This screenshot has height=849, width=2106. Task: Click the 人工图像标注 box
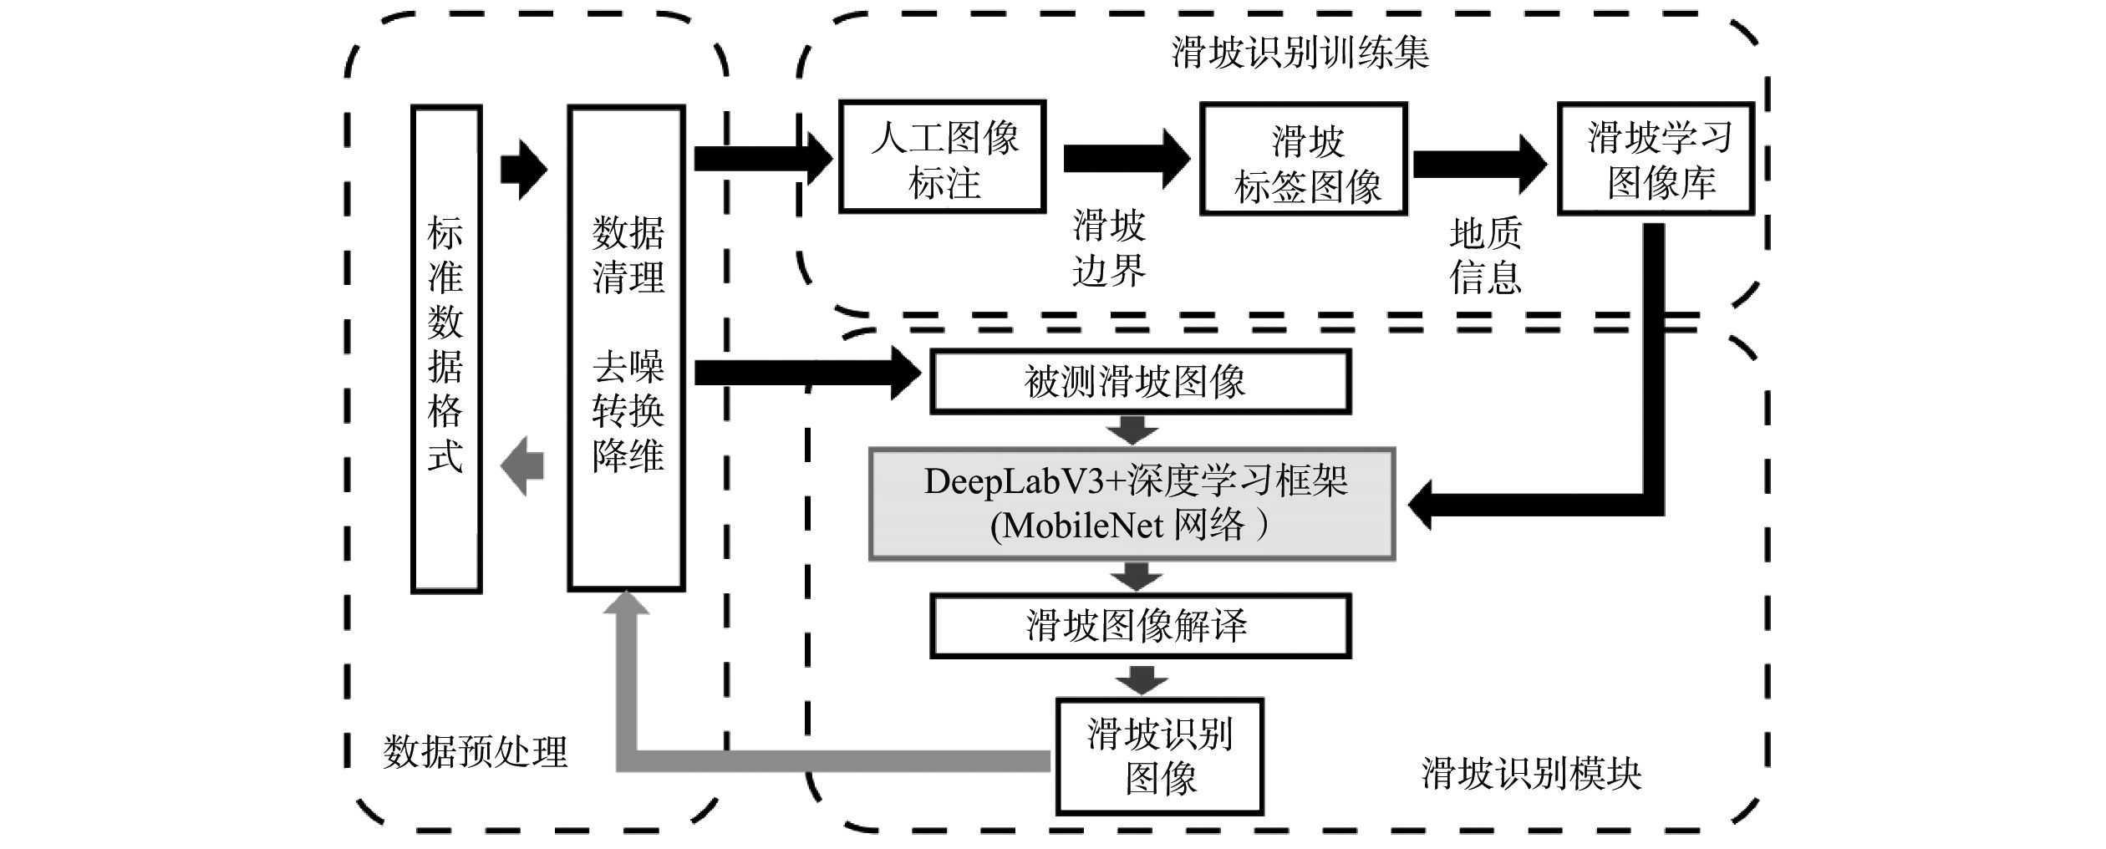(x=943, y=157)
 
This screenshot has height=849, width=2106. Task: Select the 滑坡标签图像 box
(x=1304, y=160)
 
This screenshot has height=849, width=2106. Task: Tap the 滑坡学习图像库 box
(x=1656, y=159)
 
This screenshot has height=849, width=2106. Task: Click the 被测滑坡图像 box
(x=1140, y=382)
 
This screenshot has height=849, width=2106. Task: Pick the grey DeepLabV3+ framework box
(x=1132, y=504)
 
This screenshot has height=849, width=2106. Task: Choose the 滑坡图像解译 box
(x=1140, y=626)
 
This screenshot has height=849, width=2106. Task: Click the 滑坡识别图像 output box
(x=1160, y=756)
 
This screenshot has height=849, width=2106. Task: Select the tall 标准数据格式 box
(x=446, y=348)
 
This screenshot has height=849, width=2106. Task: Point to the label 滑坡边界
(x=1109, y=248)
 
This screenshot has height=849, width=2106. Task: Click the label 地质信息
(x=1485, y=256)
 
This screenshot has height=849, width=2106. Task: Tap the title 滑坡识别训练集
(x=1300, y=53)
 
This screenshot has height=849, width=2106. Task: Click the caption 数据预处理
(x=476, y=752)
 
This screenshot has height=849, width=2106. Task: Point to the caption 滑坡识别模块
(x=1531, y=774)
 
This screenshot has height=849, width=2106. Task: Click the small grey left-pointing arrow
(x=522, y=465)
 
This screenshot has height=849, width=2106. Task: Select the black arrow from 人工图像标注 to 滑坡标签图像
(x=1125, y=158)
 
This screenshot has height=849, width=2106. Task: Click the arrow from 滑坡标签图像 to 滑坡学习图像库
(x=1479, y=163)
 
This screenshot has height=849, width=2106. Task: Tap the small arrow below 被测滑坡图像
(x=1132, y=431)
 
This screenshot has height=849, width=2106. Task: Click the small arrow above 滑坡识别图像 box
(x=1142, y=679)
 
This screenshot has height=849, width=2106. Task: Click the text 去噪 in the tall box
(x=628, y=366)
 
